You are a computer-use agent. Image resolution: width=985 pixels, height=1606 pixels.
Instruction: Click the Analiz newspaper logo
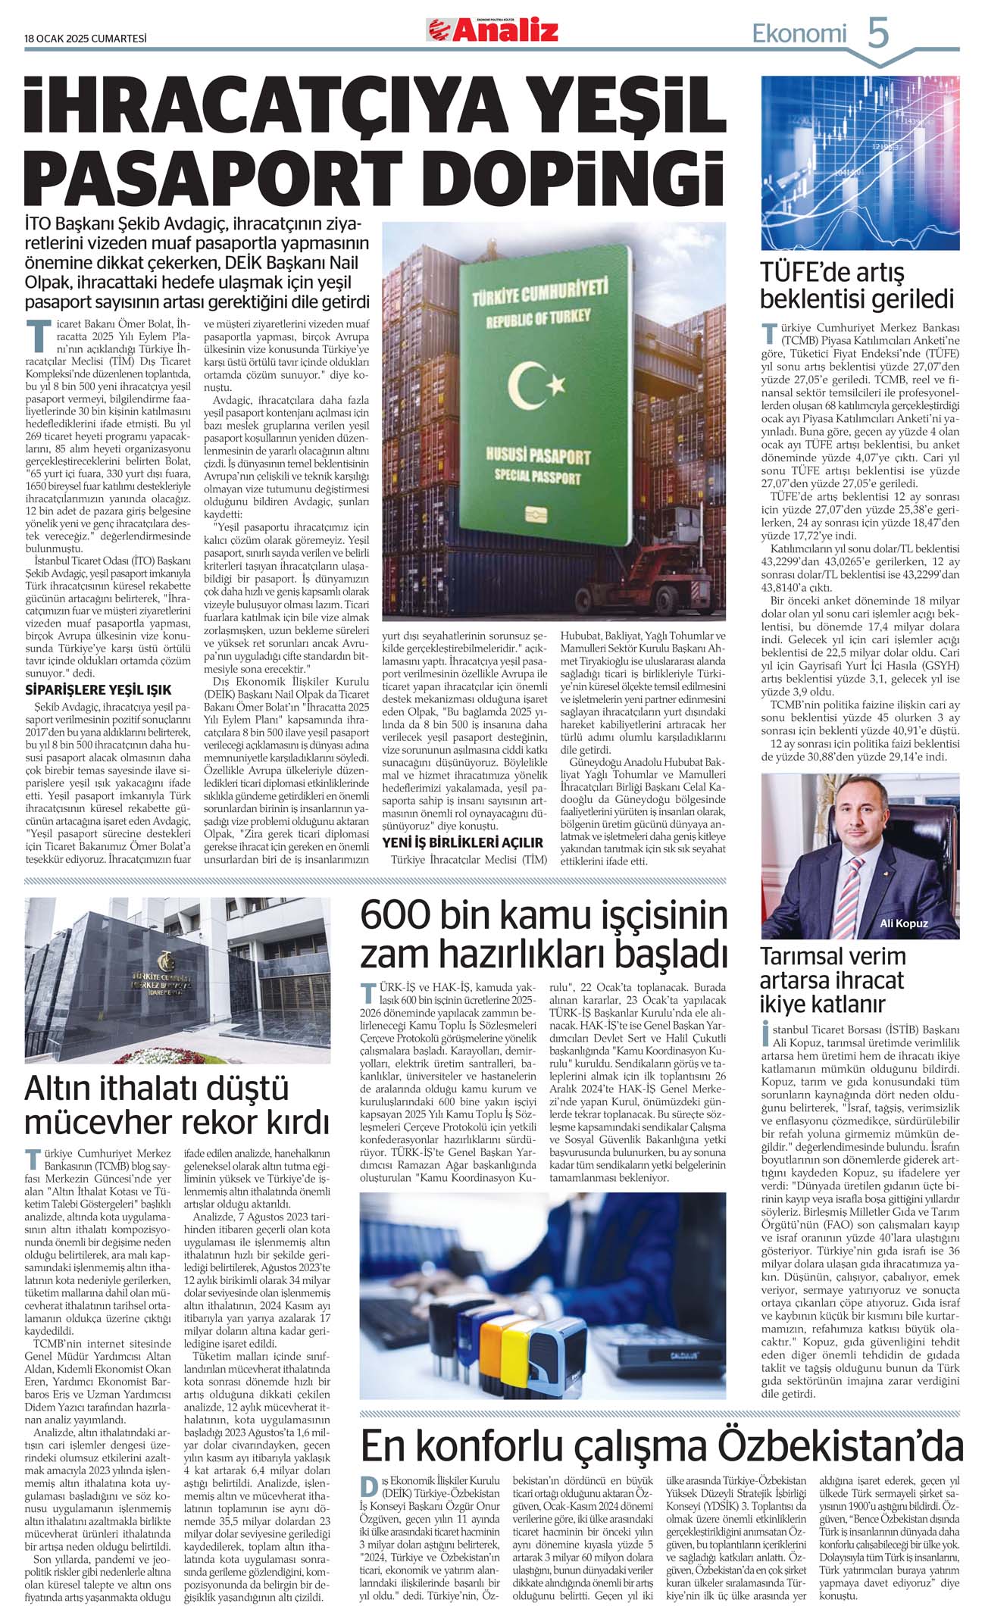click(x=492, y=30)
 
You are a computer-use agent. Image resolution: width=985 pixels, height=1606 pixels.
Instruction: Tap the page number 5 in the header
click(x=877, y=33)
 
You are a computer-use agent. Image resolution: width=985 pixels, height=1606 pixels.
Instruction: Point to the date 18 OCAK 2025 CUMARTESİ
click(x=85, y=38)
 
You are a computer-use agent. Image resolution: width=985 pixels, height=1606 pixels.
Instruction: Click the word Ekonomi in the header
click(x=799, y=33)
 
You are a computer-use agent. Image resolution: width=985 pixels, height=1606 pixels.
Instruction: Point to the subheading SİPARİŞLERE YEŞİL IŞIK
click(x=98, y=690)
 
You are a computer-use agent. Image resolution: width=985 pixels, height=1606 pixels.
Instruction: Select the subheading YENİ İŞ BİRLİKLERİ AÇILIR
click(x=462, y=842)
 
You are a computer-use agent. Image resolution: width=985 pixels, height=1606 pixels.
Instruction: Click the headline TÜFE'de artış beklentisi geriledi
click(x=856, y=285)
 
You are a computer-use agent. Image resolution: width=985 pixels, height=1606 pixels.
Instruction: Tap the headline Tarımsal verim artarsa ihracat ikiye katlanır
click(x=833, y=980)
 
